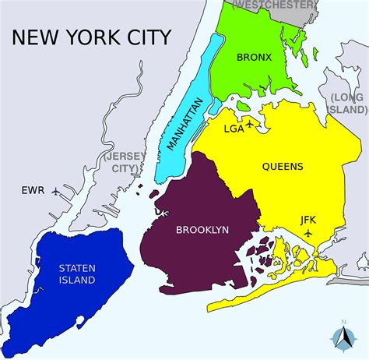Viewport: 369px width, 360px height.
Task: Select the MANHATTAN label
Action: pos(184,123)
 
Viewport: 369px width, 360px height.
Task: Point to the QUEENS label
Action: pos(283,166)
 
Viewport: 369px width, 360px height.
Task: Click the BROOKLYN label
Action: pos(202,230)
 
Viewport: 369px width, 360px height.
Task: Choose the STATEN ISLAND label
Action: pos(77,274)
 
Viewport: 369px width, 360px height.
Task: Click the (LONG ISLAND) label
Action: pos(348,102)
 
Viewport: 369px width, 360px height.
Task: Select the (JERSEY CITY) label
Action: pos(121,161)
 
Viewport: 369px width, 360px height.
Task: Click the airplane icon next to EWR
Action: pos(55,190)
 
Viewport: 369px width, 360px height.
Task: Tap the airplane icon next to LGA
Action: pos(249,122)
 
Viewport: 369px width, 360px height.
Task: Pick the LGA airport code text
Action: pos(233,128)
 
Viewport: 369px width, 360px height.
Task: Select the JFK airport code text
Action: pos(308,220)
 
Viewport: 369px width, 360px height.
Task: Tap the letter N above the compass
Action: pos(343,322)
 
